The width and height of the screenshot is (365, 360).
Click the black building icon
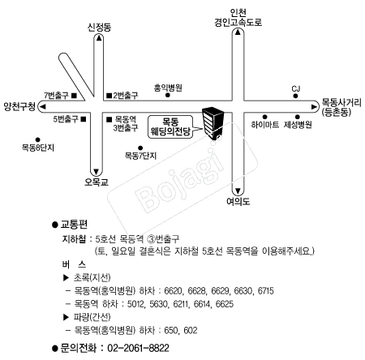pos(213,123)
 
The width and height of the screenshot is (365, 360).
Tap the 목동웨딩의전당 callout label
pos(171,127)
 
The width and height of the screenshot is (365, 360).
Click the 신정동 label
pos(99,28)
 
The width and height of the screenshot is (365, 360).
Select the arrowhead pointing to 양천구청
pos(42,107)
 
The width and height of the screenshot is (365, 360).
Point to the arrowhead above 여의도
pos(238,191)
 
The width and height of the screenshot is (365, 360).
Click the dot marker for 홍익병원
pos(168,95)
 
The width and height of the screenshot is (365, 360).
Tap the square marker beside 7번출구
pos(75,96)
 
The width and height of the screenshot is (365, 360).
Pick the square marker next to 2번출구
pos(109,96)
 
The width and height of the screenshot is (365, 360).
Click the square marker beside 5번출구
pos(84,119)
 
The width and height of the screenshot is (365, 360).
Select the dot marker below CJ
pos(296,96)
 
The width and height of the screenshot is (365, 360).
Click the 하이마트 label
pos(265,125)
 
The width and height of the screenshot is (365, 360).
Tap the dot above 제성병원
pos(298,117)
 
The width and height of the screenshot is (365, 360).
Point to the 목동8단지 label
pos(38,148)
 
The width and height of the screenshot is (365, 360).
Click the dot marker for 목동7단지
pos(140,148)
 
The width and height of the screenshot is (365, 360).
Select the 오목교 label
pos(97,182)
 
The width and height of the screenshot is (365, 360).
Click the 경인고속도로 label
pos(238,22)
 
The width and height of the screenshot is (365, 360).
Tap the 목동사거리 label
pos(341,103)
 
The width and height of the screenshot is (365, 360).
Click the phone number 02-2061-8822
pos(138,348)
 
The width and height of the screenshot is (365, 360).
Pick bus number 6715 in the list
pos(265,291)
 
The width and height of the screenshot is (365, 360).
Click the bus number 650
pos(171,330)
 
